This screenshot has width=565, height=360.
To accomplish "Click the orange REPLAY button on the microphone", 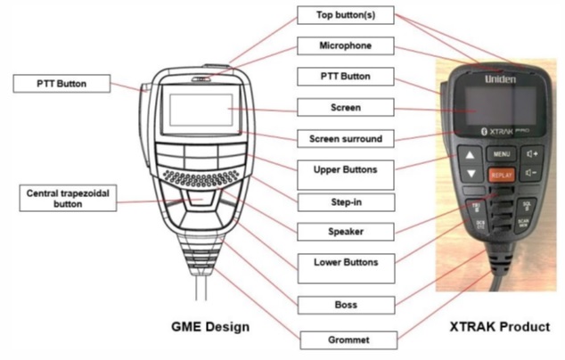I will point(501,176).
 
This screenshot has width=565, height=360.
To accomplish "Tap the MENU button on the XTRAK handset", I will point(501,153).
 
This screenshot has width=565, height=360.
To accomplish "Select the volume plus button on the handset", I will point(533,153).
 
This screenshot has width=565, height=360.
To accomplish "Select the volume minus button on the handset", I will point(533,175).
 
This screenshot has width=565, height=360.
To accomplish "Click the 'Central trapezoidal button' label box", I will point(65,197).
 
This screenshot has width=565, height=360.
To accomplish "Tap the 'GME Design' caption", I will point(210,327).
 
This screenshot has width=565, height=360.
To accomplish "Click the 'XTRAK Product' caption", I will point(502,327).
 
